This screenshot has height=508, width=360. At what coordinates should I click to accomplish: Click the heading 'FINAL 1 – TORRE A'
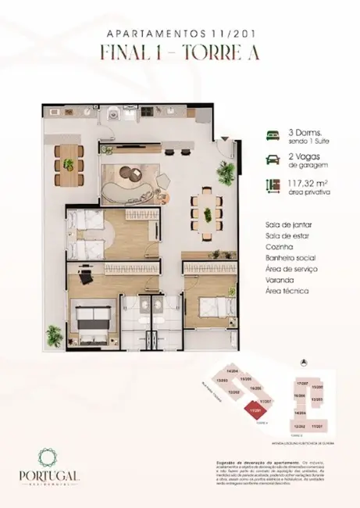coord(180,53)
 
